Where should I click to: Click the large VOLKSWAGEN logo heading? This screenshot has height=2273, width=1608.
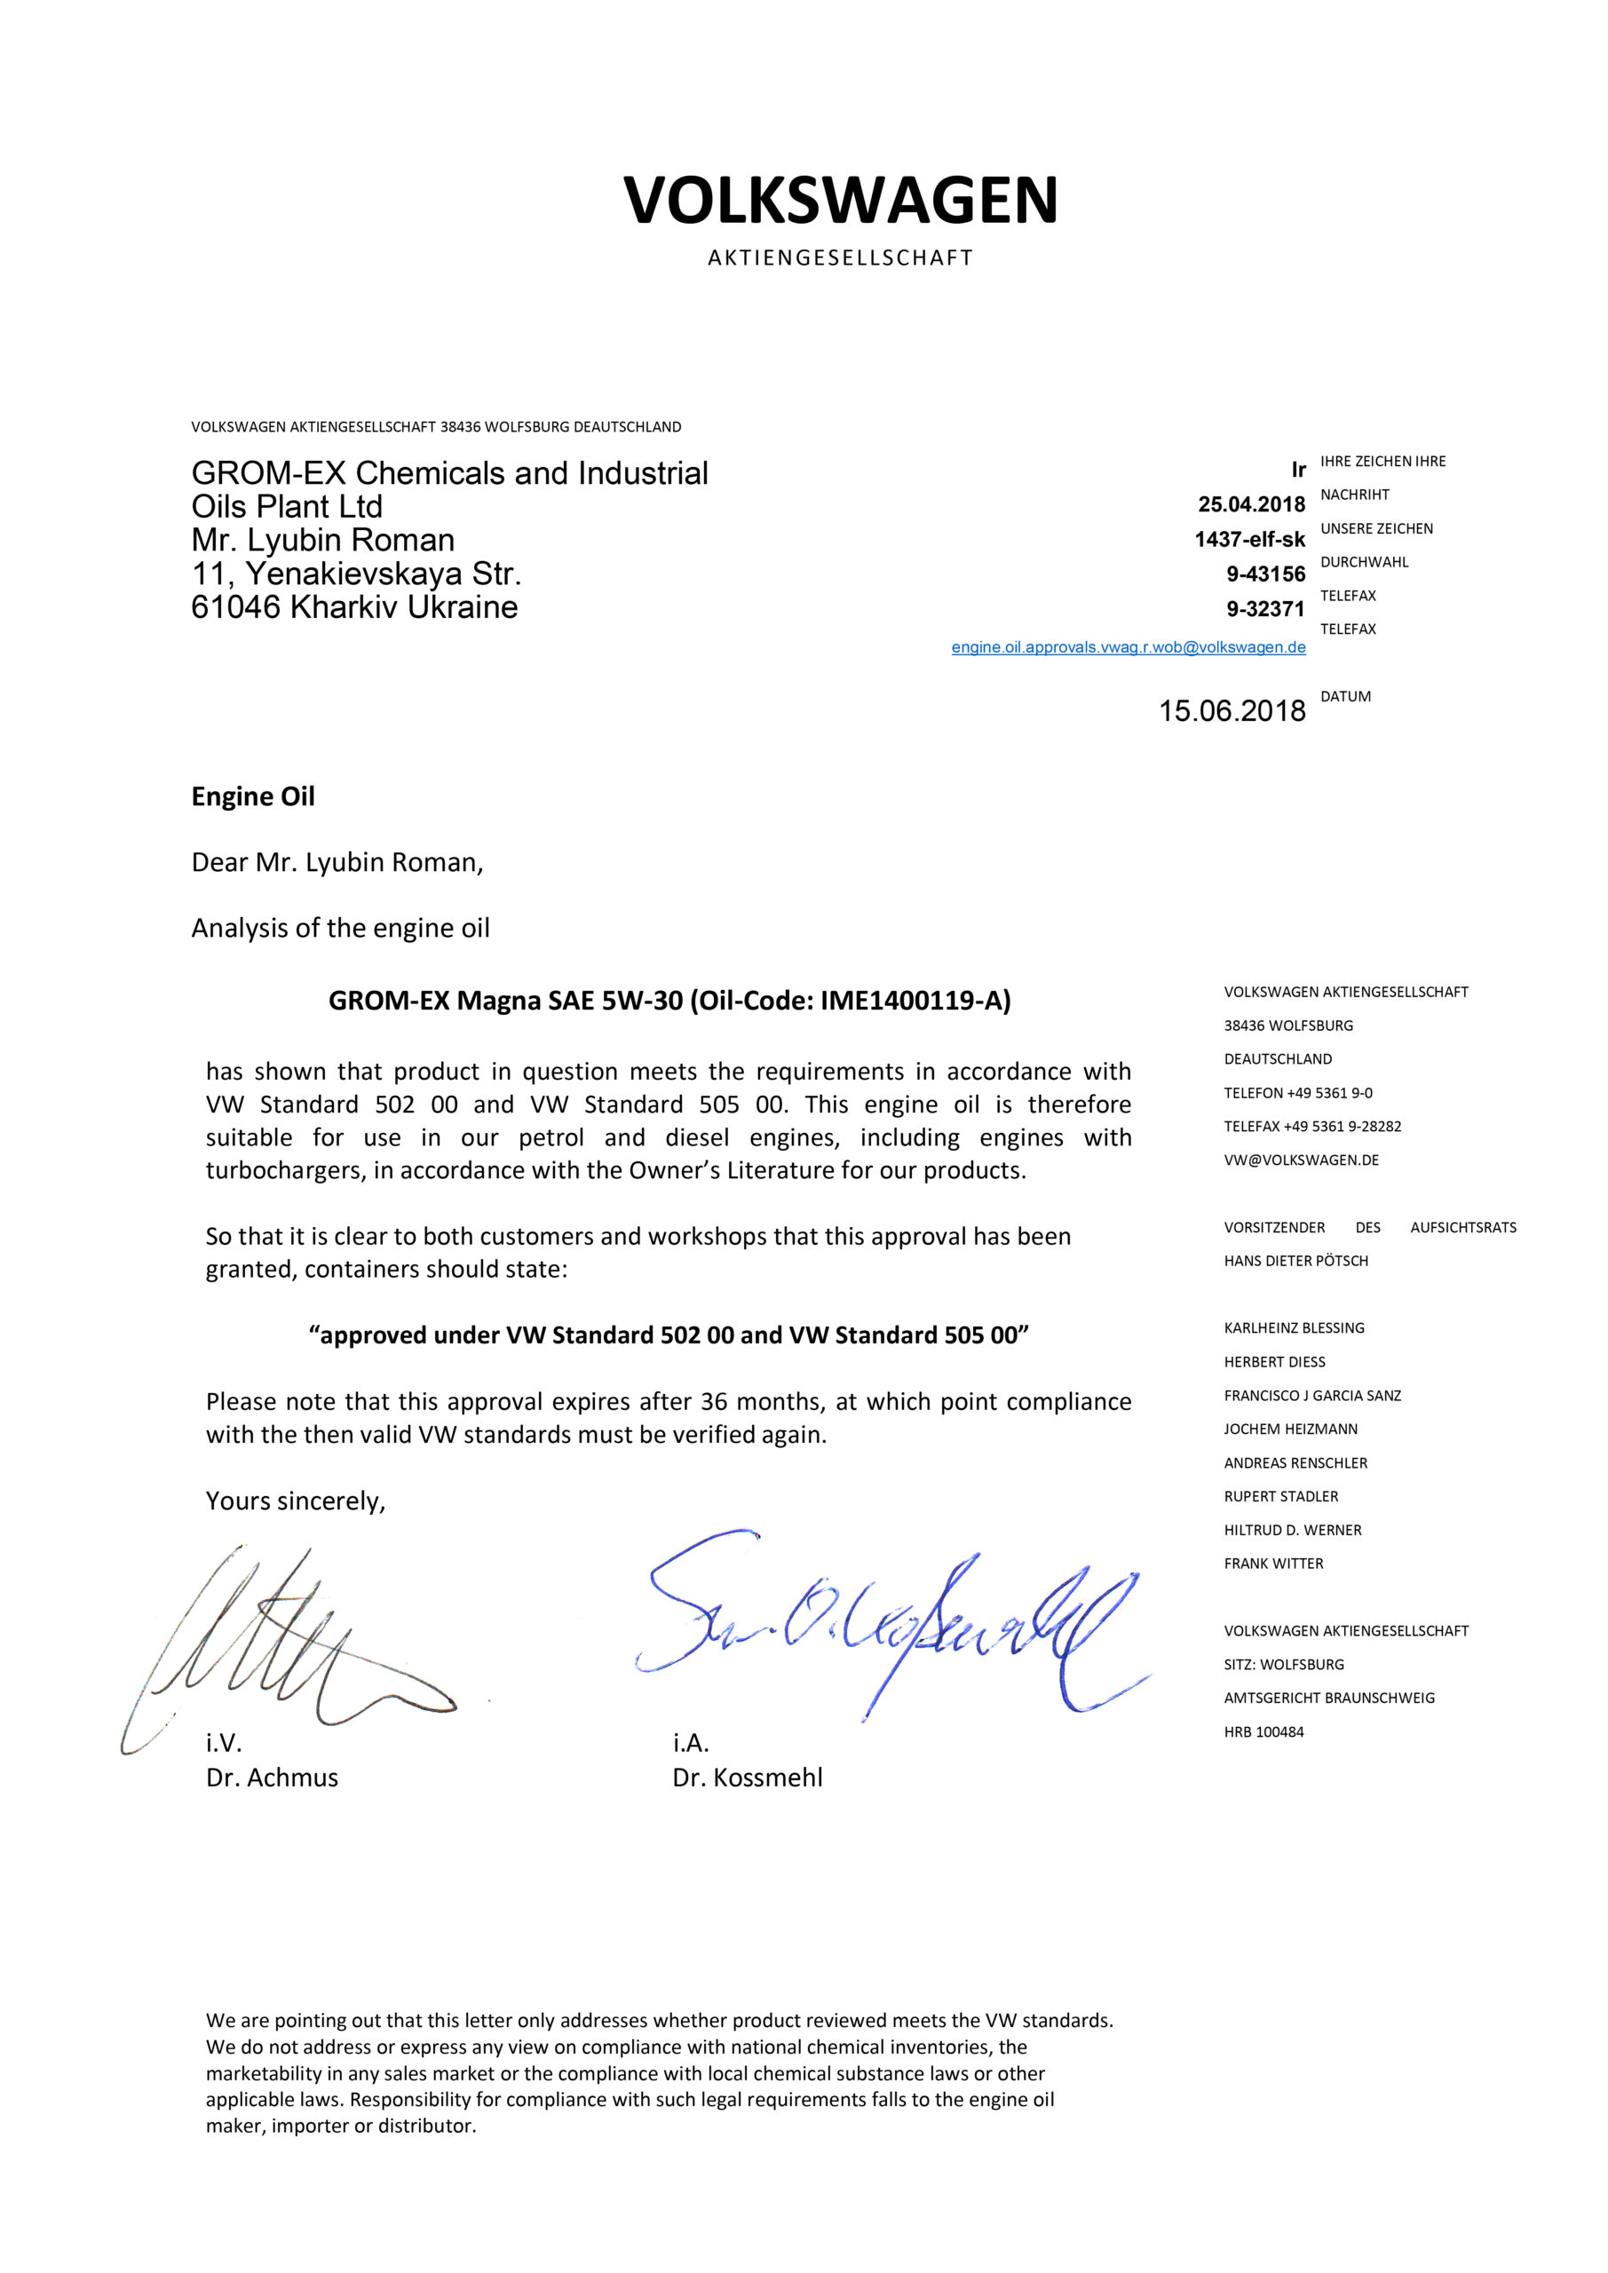[841, 200]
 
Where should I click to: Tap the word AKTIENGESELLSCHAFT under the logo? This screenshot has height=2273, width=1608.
[841, 258]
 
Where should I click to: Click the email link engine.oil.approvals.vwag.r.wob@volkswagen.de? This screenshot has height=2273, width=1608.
[1128, 647]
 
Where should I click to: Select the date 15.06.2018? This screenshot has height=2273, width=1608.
[1232, 711]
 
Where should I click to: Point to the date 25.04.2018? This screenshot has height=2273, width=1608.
[1252, 505]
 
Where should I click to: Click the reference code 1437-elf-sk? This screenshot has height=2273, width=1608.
[1249, 540]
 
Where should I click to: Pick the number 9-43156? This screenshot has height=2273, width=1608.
[1265, 574]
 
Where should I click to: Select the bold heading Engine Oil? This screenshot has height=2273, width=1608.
[252, 797]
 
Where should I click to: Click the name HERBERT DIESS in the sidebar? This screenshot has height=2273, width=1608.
[1274, 1362]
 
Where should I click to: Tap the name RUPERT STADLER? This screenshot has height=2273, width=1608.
[1280, 1497]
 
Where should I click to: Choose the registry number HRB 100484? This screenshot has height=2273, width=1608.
[1263, 1732]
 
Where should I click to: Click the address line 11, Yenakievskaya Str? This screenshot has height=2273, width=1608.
[356, 574]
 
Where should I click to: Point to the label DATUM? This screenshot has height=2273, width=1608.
[1345, 697]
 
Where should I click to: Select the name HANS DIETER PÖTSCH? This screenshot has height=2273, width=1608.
[1295, 1261]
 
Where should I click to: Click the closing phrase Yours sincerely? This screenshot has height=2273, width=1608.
[295, 1501]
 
